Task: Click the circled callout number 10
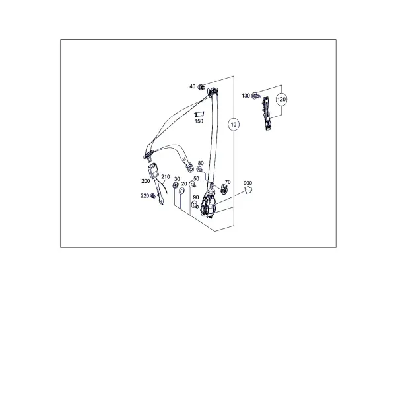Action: click(x=234, y=125)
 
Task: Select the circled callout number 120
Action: click(x=281, y=99)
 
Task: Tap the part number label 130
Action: click(x=246, y=96)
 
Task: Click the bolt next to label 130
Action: click(x=256, y=96)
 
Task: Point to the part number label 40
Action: click(x=193, y=86)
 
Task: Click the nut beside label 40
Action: click(x=201, y=87)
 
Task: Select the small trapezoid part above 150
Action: click(x=199, y=114)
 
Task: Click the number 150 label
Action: click(x=199, y=121)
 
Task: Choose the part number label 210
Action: click(x=166, y=177)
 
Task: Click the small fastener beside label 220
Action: click(x=153, y=196)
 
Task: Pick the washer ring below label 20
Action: click(x=181, y=191)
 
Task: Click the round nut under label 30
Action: click(x=175, y=185)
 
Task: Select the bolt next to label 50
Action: click(x=192, y=185)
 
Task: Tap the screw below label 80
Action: click(x=199, y=170)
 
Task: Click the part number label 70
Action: click(x=228, y=182)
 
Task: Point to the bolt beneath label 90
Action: click(x=195, y=205)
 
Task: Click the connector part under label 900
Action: click(x=248, y=190)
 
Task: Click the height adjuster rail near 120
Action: click(x=267, y=113)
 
